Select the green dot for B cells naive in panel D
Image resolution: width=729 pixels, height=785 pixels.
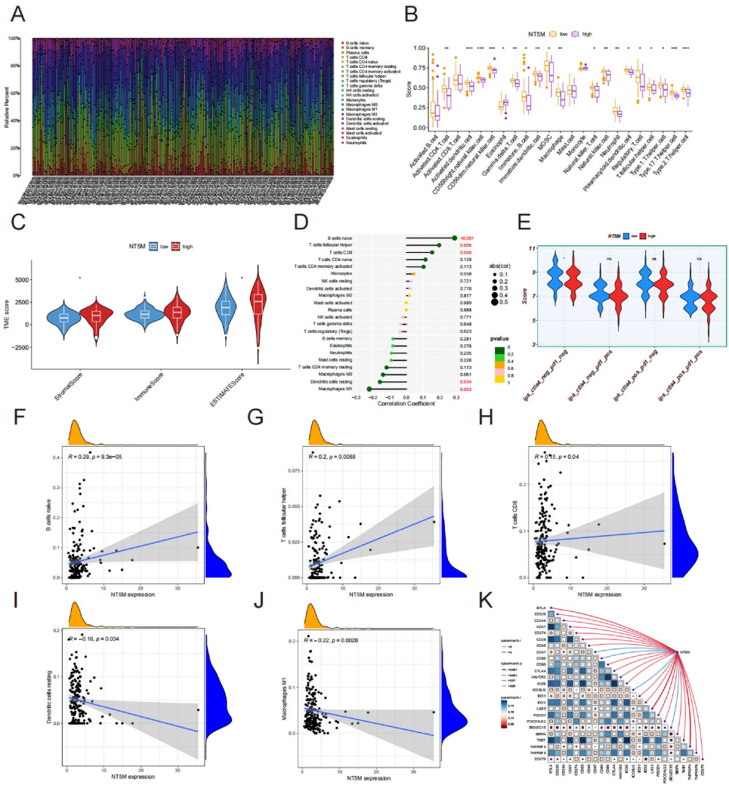[x=453, y=239]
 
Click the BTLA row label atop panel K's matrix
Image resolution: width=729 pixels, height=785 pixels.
[x=540, y=607]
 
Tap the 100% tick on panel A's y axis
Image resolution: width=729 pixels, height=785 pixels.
[x=14, y=37]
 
